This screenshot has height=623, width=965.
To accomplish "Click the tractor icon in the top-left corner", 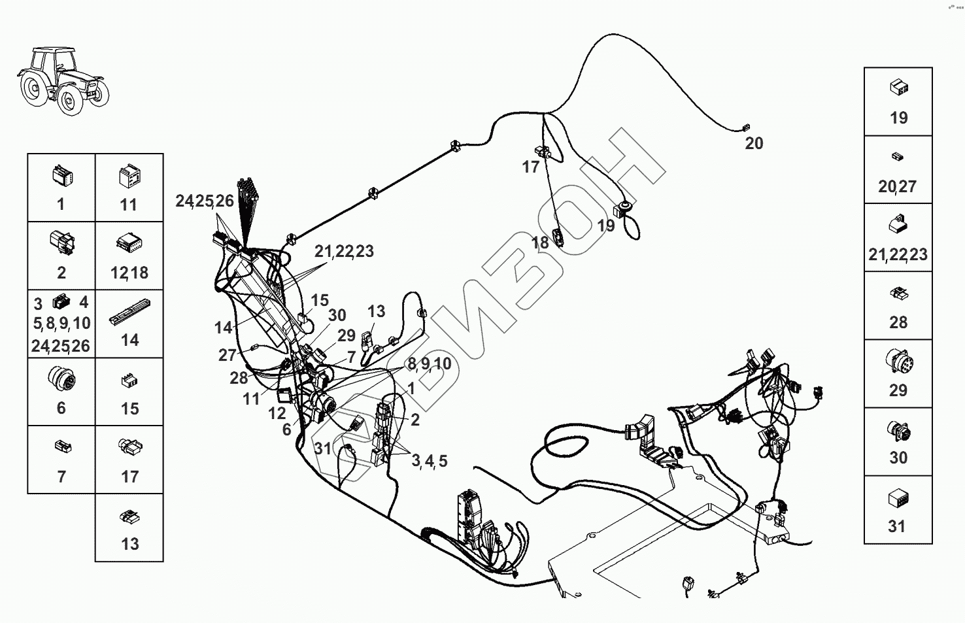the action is click(62, 80).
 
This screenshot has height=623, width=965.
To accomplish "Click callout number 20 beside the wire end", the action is click(754, 143).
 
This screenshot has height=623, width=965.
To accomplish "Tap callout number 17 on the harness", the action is click(530, 167).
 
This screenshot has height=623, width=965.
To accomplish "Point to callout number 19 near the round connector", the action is click(606, 226).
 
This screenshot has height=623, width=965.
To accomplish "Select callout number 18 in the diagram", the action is click(540, 243).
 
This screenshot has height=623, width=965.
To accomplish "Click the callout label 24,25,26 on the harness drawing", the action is click(204, 201).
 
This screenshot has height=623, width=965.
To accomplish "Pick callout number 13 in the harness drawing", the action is click(376, 311).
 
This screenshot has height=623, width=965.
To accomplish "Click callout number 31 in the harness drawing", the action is click(323, 448).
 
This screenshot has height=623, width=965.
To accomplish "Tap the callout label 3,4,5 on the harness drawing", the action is click(430, 461).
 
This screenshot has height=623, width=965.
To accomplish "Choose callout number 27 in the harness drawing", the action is click(227, 355).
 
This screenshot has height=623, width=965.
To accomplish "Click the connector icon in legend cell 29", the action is click(898, 363).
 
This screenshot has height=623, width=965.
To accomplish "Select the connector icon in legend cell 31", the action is click(898, 499).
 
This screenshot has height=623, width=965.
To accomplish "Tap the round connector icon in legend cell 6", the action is click(61, 379).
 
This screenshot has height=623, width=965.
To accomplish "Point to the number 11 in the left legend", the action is click(129, 205).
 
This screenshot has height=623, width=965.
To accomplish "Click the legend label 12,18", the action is click(129, 273).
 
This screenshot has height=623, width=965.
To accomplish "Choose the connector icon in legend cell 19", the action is click(898, 88).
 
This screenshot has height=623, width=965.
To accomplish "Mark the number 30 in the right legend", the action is click(898, 458).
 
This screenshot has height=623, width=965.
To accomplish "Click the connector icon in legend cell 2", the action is click(61, 242).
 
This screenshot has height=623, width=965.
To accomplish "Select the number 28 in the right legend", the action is click(898, 322).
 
